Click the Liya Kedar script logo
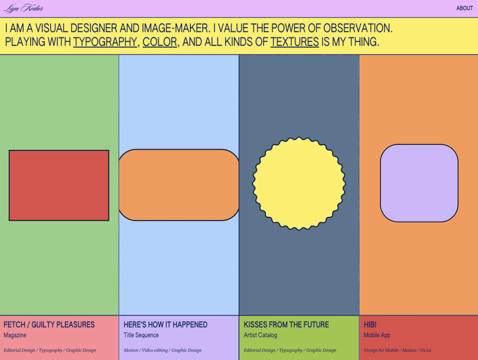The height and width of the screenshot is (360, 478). pos(24,8)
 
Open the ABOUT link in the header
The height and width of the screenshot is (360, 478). pos(464,8)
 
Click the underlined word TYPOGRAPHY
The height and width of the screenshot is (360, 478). pos(105,42)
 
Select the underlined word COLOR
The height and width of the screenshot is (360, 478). pos(160,42)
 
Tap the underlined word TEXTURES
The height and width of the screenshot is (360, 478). pos(295,42)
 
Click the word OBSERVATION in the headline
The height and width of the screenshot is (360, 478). pos(358,28)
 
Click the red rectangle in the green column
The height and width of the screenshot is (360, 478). pos(59,185)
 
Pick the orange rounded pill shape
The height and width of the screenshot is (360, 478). pos(179,185)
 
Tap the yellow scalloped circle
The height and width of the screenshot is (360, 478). pos(299,184)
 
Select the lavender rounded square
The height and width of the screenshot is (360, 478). pos(419,183)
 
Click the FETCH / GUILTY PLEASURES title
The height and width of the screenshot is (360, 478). pos(49,325)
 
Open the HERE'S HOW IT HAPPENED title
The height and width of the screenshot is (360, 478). pos(165,325)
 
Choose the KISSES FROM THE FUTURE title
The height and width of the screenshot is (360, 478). pos(286,325)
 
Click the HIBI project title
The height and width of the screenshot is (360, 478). pos(370,325)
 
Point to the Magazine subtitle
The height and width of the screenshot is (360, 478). pos(15,335)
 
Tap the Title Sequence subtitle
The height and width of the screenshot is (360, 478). pos(141,335)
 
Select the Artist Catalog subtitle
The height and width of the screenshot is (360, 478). pos(260,335)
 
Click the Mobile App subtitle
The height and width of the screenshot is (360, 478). pos(377,335)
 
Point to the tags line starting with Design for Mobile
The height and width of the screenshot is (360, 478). pos(398,350)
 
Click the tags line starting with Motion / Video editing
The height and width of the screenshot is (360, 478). pos(163,350)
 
